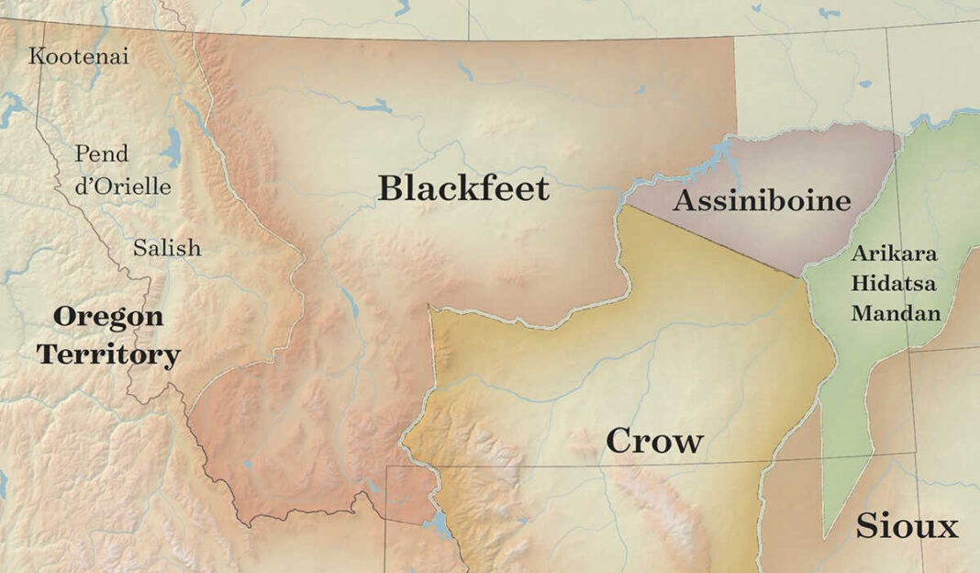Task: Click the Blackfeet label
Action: (x=463, y=189)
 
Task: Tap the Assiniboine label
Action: (x=762, y=201)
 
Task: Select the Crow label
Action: (x=654, y=442)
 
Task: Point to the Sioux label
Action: (x=907, y=527)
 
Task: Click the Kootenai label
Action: (x=79, y=56)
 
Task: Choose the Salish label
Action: (x=167, y=248)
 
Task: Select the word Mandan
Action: (x=896, y=313)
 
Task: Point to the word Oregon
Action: (x=108, y=318)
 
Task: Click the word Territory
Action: (x=108, y=355)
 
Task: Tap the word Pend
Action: (x=101, y=153)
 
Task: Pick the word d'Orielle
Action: (x=123, y=186)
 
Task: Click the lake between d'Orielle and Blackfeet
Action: (x=172, y=148)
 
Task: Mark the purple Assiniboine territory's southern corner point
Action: (x=802, y=275)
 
